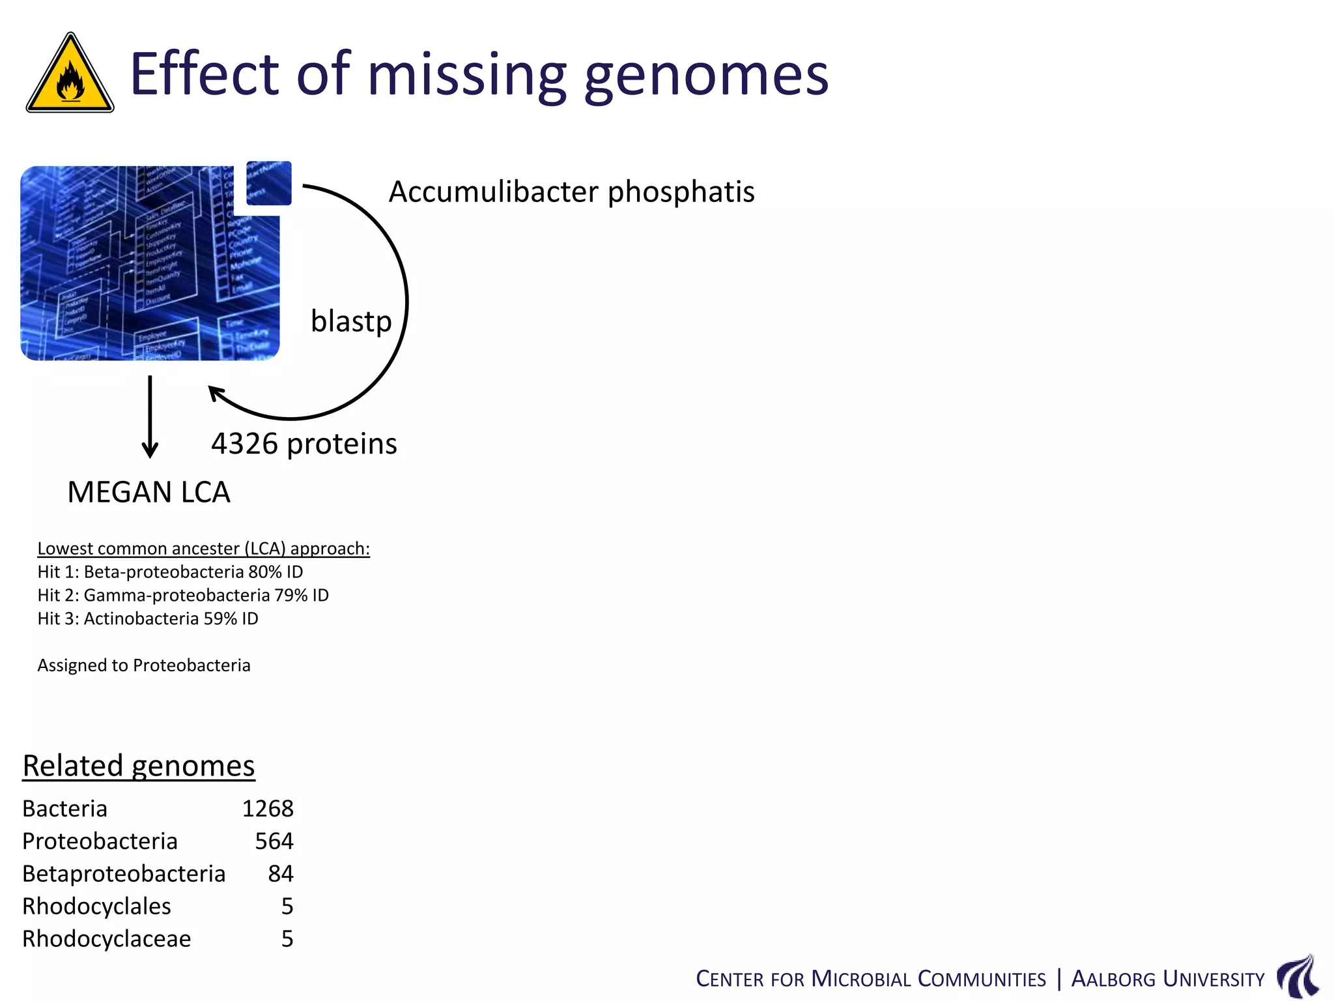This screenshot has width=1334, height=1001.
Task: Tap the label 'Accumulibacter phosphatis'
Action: pos(571,192)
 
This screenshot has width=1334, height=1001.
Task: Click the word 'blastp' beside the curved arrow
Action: pos(351,321)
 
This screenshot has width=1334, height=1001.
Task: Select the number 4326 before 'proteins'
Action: pos(244,444)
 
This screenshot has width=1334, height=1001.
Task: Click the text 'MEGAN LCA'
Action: pos(149,492)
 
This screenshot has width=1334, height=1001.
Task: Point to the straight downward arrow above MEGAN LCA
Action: pos(150,417)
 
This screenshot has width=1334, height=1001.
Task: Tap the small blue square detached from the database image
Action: pos(269,183)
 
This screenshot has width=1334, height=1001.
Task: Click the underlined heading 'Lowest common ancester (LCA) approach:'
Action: pos(203,549)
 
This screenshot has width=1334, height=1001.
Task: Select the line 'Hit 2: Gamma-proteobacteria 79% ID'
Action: pos(183,595)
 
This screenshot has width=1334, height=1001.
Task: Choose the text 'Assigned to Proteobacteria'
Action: pos(144,665)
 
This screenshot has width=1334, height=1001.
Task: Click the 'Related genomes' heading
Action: pos(139,766)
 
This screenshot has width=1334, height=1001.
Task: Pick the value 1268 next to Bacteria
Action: pos(268,809)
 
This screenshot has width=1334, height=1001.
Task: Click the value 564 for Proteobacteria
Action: pos(274,841)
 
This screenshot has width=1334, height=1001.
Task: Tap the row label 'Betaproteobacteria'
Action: pos(124,874)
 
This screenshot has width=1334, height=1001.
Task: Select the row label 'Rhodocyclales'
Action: pos(96,907)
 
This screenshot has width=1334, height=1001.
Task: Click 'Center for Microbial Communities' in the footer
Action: pos(870,979)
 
